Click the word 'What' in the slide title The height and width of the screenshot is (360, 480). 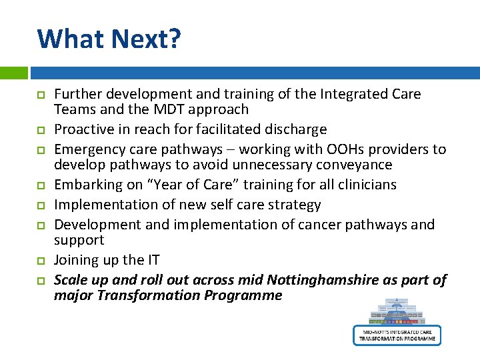[69, 39]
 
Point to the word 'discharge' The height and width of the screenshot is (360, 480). [296, 129]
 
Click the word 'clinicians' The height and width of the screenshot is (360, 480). [363, 185]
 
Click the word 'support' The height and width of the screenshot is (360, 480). [79, 240]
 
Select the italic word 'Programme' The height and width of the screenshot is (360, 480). [247, 295]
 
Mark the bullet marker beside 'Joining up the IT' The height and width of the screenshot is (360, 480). [41, 261]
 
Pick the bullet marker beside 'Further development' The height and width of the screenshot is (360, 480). [41, 95]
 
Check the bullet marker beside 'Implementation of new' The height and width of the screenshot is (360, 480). [41, 205]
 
